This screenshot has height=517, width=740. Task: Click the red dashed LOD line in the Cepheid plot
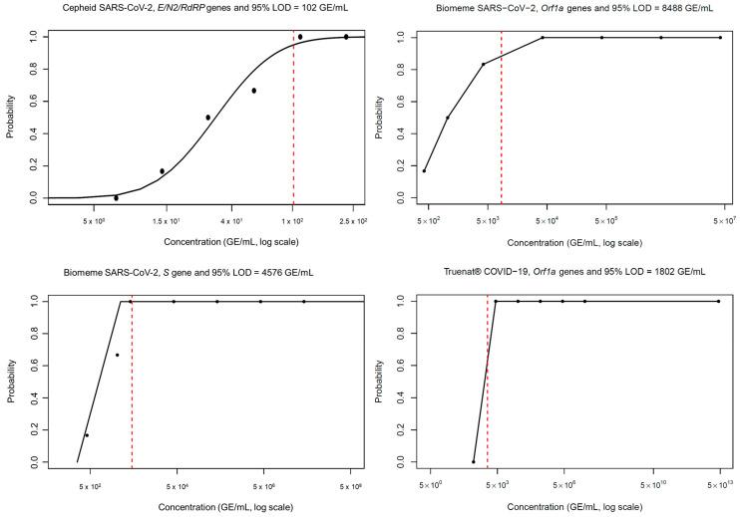click(x=293, y=120)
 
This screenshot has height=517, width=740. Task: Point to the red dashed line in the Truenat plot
click(x=487, y=379)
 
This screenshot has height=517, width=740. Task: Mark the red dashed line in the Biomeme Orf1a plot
click(x=501, y=120)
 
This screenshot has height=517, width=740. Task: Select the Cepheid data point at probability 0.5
click(x=207, y=118)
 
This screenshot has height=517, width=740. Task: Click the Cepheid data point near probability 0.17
click(x=162, y=171)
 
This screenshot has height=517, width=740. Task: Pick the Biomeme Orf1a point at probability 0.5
click(x=447, y=118)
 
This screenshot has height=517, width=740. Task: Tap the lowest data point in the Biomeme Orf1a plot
click(x=425, y=170)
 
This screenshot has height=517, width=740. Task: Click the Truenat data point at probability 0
click(x=473, y=461)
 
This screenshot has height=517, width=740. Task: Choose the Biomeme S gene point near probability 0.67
click(x=117, y=355)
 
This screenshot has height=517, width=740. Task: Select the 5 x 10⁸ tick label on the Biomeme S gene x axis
click(x=349, y=484)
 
